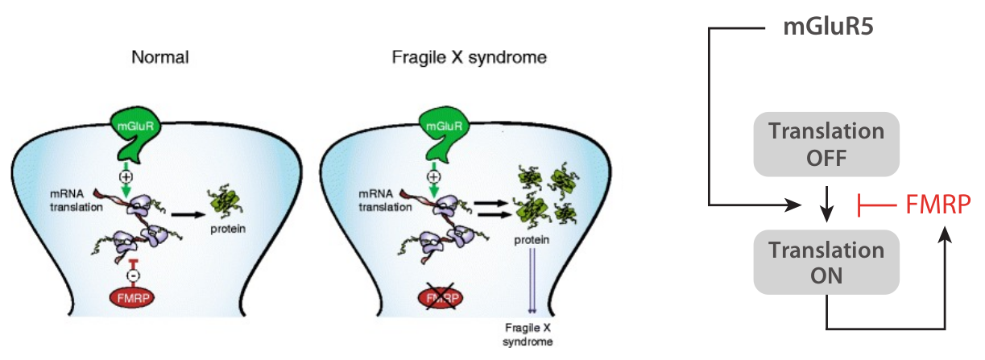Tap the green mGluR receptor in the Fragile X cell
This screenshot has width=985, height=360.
point(441,133)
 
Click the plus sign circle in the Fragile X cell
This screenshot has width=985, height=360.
point(434,176)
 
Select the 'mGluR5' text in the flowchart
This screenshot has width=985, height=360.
point(830,29)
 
